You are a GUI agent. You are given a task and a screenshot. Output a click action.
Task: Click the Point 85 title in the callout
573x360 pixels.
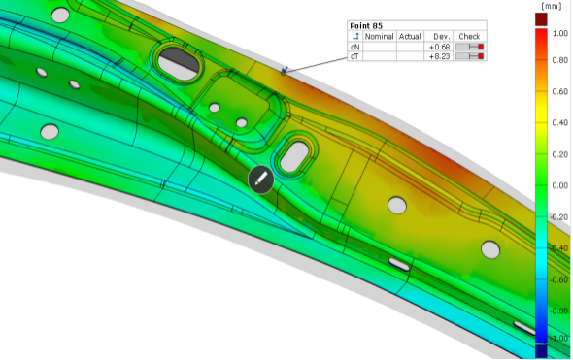coord(366,26)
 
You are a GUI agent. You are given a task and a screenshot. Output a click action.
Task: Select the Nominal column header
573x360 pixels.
coord(380,36)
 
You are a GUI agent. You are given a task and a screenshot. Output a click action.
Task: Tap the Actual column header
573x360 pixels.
coord(410,36)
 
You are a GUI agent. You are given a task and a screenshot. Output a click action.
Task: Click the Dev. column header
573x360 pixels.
coord(442,36)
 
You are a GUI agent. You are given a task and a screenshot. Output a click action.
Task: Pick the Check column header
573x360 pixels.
coord(469,36)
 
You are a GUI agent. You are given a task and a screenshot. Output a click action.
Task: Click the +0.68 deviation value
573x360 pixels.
coord(439,47)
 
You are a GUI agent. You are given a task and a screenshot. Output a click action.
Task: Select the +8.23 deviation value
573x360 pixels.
coord(439,56)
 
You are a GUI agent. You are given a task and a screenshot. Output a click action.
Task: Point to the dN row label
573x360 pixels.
coord(354,47)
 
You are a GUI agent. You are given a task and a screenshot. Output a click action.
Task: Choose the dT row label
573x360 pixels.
coord(354,56)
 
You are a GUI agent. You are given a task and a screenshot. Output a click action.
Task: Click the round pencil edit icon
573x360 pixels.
coord(261,180)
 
